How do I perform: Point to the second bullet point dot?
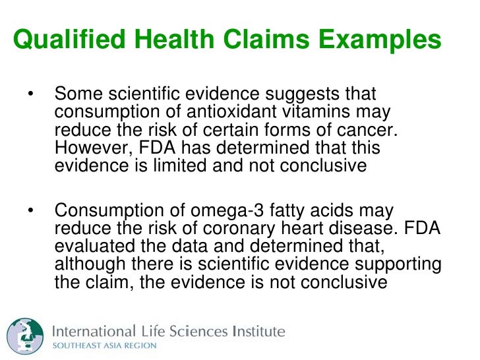click(30, 211)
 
